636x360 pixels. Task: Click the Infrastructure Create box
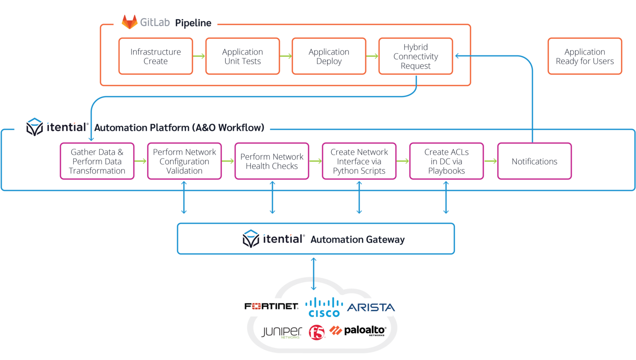point(156,56)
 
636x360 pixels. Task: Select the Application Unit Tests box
point(243,56)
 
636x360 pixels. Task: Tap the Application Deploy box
point(329,56)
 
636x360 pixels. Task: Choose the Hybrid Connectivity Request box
point(416,56)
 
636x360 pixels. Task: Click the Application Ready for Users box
point(585,56)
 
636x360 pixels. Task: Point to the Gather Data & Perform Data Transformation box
point(97,161)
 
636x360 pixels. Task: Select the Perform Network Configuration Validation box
point(184,161)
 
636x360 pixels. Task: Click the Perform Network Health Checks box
point(272,161)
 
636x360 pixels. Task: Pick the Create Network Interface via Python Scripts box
point(359,161)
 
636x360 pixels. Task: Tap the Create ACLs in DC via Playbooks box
point(446,161)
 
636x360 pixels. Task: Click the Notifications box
point(534,161)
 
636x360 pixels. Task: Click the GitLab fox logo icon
point(130,22)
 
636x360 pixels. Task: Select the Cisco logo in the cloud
point(324,307)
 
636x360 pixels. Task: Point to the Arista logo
point(371,307)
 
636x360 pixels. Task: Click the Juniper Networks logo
point(282,332)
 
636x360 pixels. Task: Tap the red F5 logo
point(317,332)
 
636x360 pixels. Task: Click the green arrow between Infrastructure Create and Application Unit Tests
point(199,56)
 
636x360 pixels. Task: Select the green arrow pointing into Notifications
point(491,161)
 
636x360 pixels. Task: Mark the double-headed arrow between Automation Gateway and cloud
point(314,274)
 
